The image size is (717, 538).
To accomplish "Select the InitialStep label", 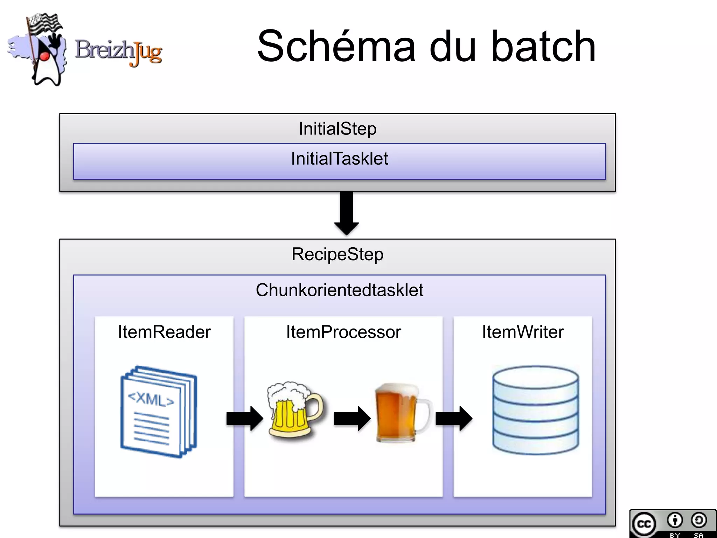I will click(x=337, y=129).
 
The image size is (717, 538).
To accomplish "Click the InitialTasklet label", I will click(x=339, y=159).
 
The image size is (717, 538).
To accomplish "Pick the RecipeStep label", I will click(x=337, y=254).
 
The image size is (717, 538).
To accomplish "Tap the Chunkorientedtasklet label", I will click(x=339, y=290).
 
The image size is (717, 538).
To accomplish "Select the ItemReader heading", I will click(x=164, y=332).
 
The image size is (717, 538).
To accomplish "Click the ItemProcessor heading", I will click(x=343, y=332).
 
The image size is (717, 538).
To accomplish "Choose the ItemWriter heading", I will click(x=523, y=332).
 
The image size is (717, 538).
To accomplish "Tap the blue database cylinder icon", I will click(x=535, y=410).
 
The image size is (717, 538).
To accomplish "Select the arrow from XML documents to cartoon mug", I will click(x=245, y=418).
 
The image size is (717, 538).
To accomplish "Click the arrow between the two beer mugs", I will click(x=352, y=418).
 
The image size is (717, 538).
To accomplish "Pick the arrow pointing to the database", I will click(x=454, y=418).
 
